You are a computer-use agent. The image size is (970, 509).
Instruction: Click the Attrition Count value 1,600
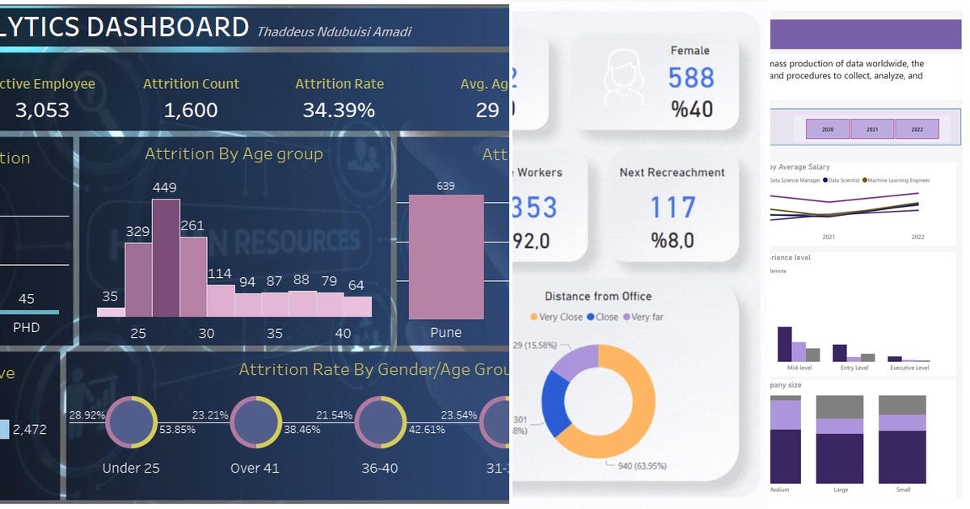[191, 110]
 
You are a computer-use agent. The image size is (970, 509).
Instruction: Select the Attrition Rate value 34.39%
[339, 110]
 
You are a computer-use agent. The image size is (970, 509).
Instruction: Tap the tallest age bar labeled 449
[166, 258]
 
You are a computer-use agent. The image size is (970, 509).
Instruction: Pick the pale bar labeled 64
[357, 306]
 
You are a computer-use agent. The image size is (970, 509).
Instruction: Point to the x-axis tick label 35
[275, 333]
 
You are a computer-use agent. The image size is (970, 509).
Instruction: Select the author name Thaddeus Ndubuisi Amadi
[334, 32]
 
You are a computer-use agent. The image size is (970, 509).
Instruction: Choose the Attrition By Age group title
[234, 154]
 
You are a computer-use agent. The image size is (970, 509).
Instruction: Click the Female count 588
[691, 78]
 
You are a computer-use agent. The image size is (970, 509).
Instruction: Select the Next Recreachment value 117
[673, 207]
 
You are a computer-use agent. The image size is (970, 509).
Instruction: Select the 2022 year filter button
[917, 128]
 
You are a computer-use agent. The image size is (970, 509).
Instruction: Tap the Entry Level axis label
[854, 368]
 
